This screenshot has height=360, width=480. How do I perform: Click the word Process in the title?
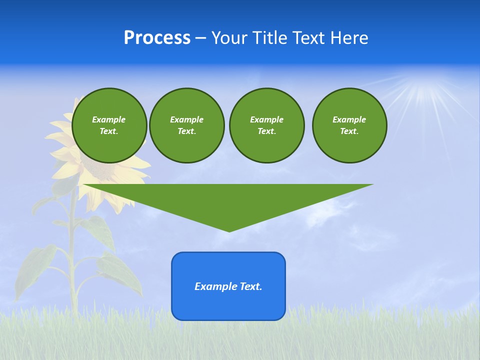tap(157, 38)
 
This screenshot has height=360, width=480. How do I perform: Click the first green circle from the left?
tap(109, 125)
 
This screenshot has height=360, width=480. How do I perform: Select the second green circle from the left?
tap(186, 125)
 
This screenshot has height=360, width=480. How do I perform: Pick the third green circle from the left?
tap(266, 125)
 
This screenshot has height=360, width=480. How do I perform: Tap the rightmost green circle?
tap(349, 125)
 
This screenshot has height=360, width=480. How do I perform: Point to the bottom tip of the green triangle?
tap(229, 230)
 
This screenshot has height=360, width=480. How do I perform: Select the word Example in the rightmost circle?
tap(349, 119)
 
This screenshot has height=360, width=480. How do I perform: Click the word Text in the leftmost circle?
tap(109, 131)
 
